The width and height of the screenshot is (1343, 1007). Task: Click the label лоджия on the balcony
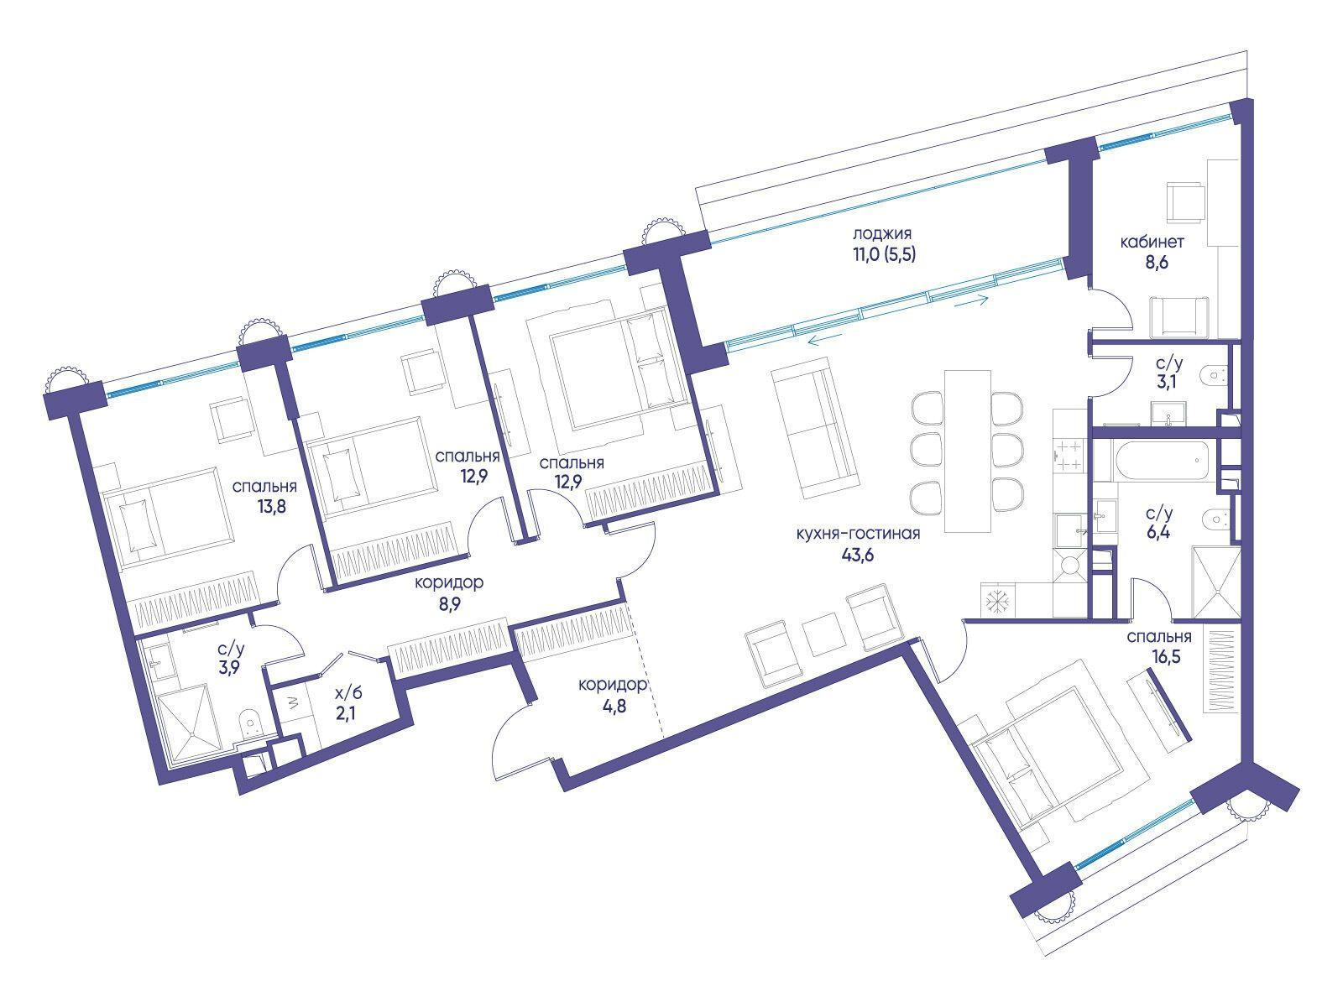[881, 234]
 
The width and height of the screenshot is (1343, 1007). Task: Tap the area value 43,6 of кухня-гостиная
[857, 556]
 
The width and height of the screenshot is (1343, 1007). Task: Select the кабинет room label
[1152, 243]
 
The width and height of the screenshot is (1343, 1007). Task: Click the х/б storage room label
[348, 692]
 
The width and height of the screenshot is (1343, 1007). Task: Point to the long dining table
[967, 451]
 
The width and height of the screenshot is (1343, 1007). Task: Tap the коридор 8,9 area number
[449, 604]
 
